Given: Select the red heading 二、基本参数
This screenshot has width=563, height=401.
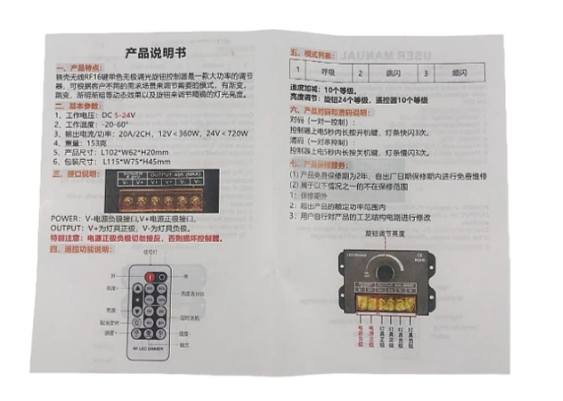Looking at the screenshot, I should click(x=80, y=106).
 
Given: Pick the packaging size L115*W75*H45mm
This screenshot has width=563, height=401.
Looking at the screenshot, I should click(x=136, y=160).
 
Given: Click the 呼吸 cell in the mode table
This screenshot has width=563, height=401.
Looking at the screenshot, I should click(x=328, y=70).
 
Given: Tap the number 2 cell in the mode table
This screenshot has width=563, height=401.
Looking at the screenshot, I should click(x=360, y=70).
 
